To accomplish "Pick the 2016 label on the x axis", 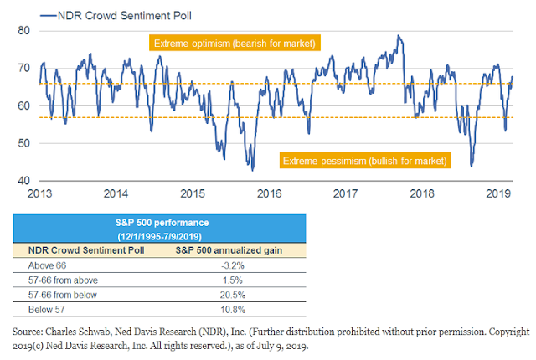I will click(x=270, y=193).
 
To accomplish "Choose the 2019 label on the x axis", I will click(x=498, y=193).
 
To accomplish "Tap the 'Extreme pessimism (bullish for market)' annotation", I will click(x=365, y=160).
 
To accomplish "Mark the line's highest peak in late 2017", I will click(x=399, y=36).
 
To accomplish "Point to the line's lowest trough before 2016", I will click(x=252, y=170).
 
